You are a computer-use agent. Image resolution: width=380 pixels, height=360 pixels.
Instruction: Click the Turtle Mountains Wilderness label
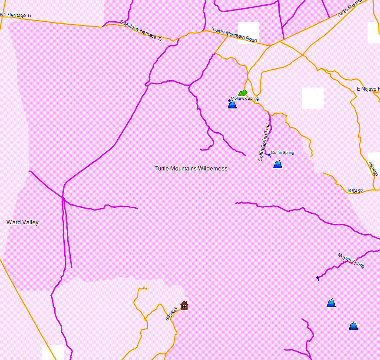tap(191, 168)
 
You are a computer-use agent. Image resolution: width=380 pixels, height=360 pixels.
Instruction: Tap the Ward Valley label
tap(23, 222)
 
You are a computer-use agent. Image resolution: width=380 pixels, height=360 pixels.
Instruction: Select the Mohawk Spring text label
tap(245, 98)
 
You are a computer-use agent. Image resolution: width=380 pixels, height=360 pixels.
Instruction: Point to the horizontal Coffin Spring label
tap(282, 153)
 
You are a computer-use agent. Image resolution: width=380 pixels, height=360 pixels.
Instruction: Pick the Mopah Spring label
tap(351, 261)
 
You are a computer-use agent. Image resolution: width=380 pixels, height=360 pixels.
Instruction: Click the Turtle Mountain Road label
tap(235, 35)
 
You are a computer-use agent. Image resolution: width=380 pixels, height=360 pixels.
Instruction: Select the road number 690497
tap(355, 190)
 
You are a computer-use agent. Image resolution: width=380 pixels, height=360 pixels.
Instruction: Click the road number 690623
tap(172, 314)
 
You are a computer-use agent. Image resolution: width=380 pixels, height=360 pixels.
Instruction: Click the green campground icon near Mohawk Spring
tap(242, 93)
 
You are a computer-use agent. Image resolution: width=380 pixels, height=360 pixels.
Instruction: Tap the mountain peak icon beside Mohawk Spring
tap(232, 104)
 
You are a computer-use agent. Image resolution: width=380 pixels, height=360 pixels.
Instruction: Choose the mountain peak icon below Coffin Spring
tap(278, 164)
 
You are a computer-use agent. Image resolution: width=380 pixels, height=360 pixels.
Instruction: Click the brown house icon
tap(184, 305)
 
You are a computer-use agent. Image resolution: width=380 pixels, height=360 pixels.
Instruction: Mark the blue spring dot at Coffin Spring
tap(269, 155)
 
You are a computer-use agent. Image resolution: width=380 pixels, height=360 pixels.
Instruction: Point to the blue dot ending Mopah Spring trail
tap(317, 278)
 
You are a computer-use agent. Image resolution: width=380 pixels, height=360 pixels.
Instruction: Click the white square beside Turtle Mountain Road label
tap(248, 33)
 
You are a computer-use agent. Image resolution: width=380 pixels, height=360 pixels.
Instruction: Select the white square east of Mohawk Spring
tap(313, 98)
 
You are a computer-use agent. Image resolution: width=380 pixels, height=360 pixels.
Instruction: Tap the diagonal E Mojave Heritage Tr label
tap(141, 31)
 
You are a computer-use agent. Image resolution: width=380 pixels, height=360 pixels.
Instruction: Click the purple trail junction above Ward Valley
tap(63, 199)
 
